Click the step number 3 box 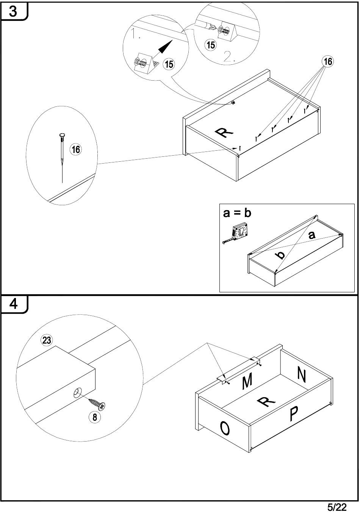click(x=13, y=11)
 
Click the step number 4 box click(x=13, y=304)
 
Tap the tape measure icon click(x=236, y=233)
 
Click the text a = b click(x=237, y=213)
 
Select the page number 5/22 click(x=337, y=507)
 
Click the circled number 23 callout click(x=47, y=340)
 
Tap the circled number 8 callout click(x=94, y=417)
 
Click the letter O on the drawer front click(x=225, y=429)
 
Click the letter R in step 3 click(x=224, y=133)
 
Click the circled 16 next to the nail click(x=76, y=149)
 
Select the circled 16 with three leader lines click(x=327, y=61)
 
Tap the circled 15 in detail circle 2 click(x=210, y=45)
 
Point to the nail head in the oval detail click(x=62, y=135)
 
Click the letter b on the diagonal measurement click(x=280, y=255)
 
